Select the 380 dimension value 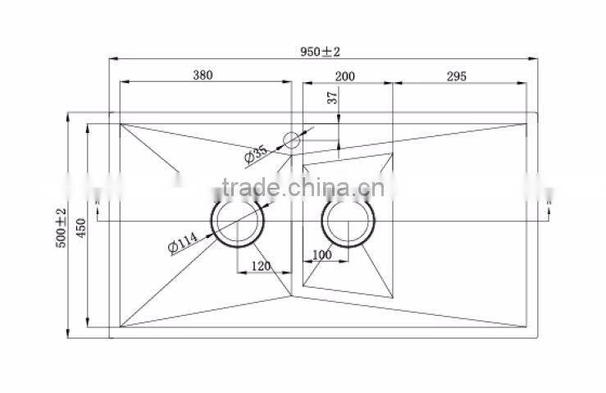[x=203, y=75]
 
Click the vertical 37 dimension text [x=332, y=98]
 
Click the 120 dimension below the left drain [x=261, y=267]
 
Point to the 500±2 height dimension [x=61, y=230]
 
